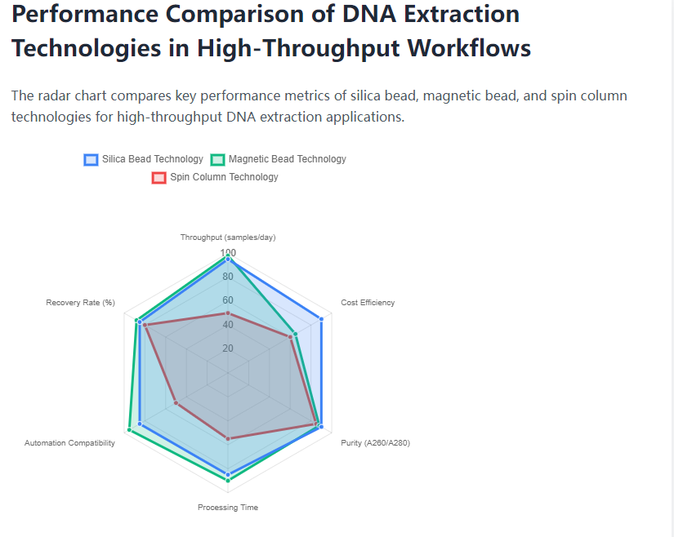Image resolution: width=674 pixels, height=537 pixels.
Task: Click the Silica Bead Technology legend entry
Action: click(x=144, y=159)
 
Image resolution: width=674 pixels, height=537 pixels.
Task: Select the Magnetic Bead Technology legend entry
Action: click(x=279, y=159)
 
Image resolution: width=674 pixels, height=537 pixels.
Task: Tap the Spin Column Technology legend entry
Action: click(x=215, y=177)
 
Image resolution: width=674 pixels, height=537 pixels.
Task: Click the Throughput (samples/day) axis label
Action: click(x=228, y=237)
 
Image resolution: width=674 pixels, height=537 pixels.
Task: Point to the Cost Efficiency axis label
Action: click(x=368, y=303)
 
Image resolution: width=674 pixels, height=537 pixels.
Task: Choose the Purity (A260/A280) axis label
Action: click(x=375, y=443)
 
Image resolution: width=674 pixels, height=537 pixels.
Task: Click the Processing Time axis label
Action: click(x=228, y=508)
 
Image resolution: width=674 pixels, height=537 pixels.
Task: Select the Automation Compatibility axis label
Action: click(x=69, y=443)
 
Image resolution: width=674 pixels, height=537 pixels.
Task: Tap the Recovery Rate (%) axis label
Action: click(x=80, y=303)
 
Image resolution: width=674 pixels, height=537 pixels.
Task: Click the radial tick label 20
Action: click(x=228, y=348)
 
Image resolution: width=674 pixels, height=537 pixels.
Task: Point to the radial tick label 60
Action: click(x=228, y=300)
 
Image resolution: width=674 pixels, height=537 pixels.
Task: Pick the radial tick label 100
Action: click(x=228, y=253)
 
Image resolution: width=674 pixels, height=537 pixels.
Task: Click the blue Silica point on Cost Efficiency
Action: click(x=321, y=319)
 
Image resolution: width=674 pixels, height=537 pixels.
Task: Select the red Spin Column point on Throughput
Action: click(x=228, y=313)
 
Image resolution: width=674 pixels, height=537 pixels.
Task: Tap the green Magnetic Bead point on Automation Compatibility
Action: click(x=130, y=429)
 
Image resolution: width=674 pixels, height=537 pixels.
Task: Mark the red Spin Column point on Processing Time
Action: click(x=228, y=439)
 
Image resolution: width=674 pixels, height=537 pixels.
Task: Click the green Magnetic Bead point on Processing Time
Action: click(x=228, y=480)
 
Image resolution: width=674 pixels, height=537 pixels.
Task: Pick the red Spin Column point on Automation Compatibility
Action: click(x=176, y=403)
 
